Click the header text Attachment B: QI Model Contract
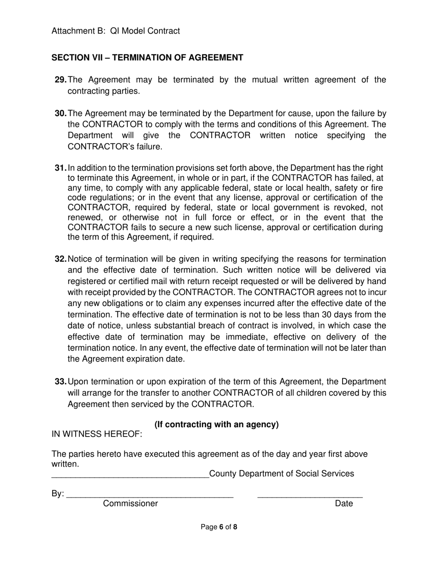pyautogui.click(x=116, y=31)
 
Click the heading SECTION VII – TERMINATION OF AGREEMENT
pyautogui.click(x=147, y=58)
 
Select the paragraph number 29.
pyautogui.click(x=60, y=80)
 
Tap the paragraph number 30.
pyautogui.click(x=60, y=113)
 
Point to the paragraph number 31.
pyautogui.click(x=60, y=168)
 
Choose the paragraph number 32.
pyautogui.click(x=60, y=259)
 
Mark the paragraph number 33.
pyautogui.click(x=60, y=382)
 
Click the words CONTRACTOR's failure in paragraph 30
pyautogui.click(x=115, y=147)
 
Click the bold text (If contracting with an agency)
pyautogui.click(x=216, y=424)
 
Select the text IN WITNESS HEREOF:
pyautogui.click(x=97, y=434)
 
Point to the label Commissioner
pyautogui.click(x=130, y=503)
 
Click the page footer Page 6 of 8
pyautogui.click(x=219, y=527)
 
